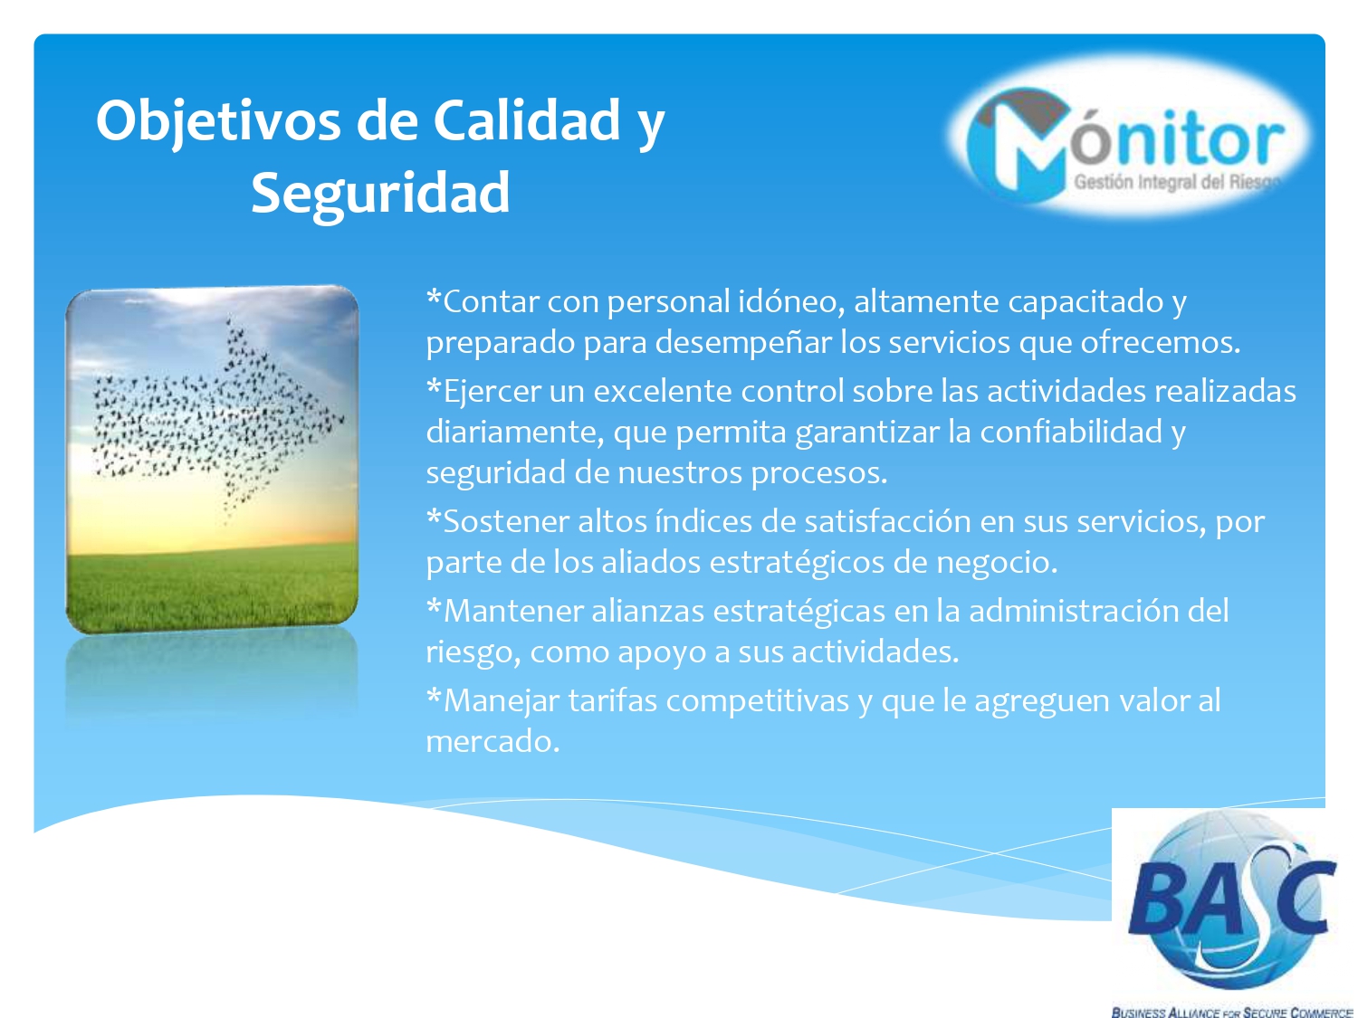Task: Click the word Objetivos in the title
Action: pyautogui.click(x=218, y=122)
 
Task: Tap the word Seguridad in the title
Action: pyautogui.click(x=380, y=194)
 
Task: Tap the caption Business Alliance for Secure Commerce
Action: pyautogui.click(x=1232, y=1011)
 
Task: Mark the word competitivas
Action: pyautogui.click(x=757, y=701)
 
